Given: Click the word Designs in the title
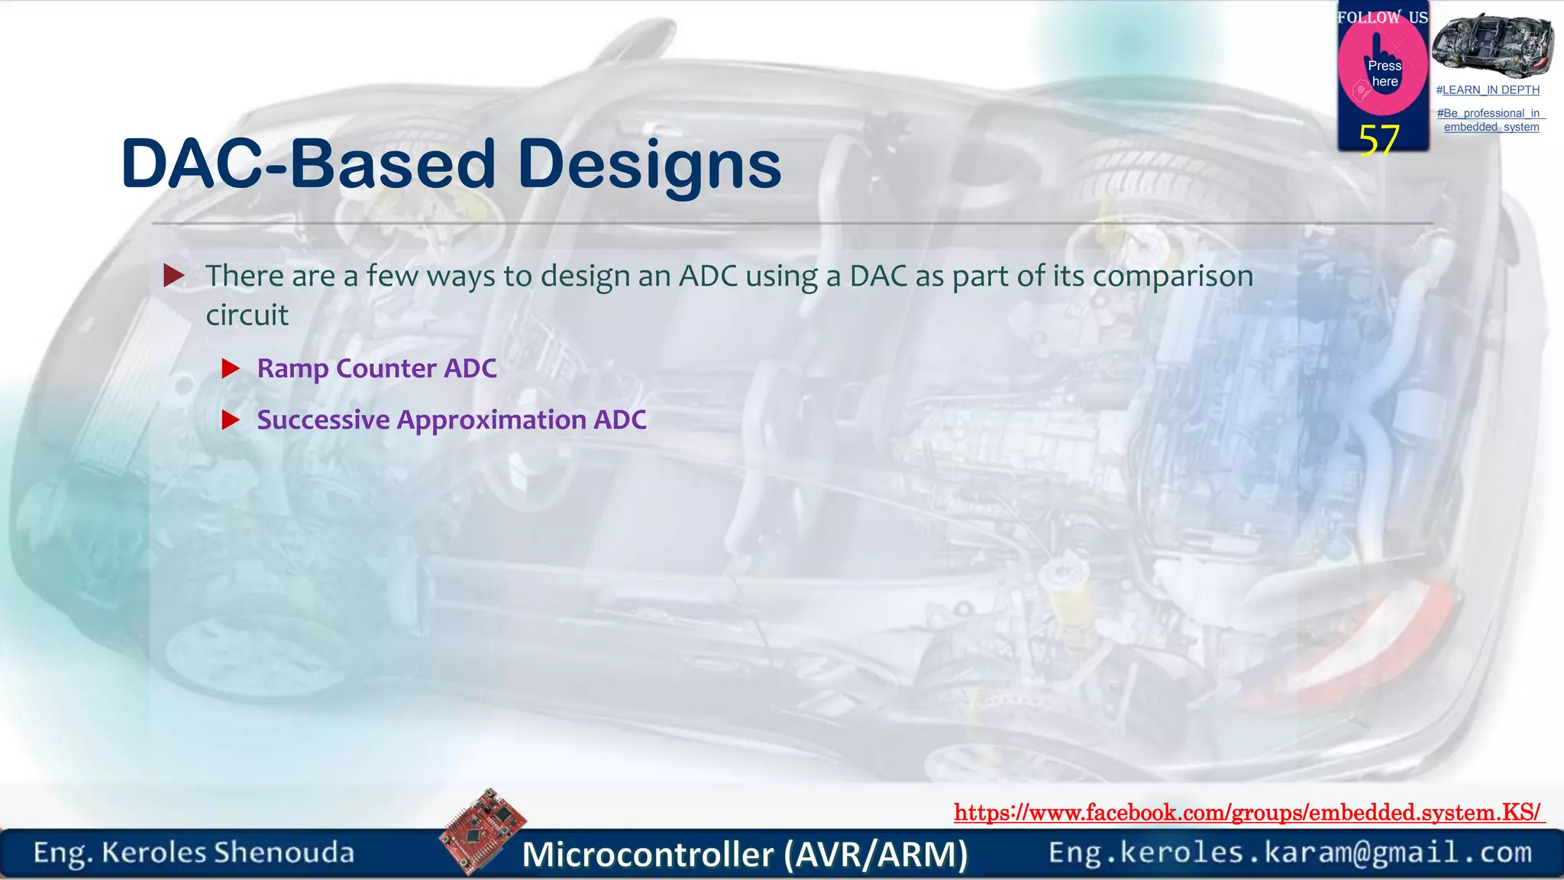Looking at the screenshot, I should click(x=649, y=164).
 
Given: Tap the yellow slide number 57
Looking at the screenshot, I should click(x=1378, y=140).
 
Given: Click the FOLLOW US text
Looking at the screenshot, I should click(x=1382, y=17).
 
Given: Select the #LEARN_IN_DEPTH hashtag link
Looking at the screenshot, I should click(x=1488, y=90).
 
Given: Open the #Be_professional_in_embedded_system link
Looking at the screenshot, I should click(x=1491, y=120).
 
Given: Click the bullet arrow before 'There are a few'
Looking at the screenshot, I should click(x=174, y=276).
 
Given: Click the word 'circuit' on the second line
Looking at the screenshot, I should click(x=247, y=315).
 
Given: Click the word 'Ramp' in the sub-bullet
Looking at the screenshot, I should click(x=292, y=369).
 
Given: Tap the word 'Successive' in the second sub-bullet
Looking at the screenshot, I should click(x=323, y=420).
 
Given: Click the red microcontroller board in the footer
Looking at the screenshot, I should click(x=483, y=831).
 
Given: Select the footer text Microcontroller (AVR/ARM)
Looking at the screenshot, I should click(x=745, y=854).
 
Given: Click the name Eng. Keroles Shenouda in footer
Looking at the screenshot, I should click(x=194, y=852).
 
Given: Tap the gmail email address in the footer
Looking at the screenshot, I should click(x=1290, y=852).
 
